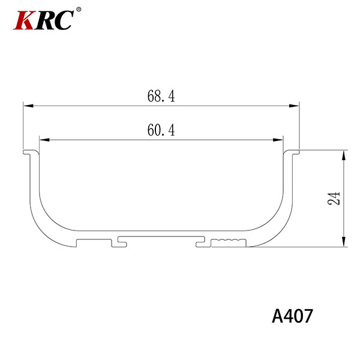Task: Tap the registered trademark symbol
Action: pos(79,10)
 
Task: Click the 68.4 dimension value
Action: pos(161,96)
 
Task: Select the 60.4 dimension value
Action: pos(161,130)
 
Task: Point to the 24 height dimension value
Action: pos(334,198)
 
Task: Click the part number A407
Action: pos(292,316)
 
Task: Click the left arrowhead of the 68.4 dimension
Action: pos(28,106)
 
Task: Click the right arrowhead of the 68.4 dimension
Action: pos(294,106)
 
